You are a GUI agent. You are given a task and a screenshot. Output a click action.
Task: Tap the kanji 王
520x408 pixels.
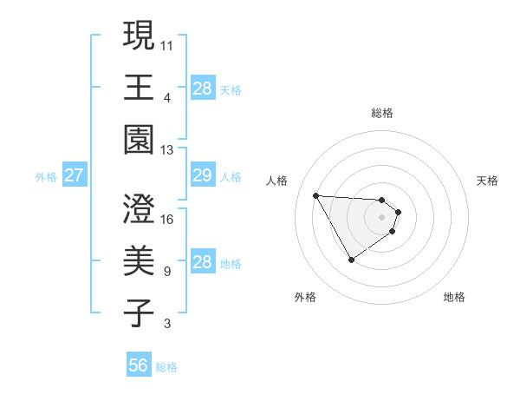[x=140, y=88]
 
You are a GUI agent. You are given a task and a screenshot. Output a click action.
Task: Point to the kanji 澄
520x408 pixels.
[x=140, y=210]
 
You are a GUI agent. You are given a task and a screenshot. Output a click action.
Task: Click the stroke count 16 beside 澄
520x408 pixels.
[x=167, y=219]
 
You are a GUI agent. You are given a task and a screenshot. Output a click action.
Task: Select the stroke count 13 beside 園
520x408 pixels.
[x=167, y=149]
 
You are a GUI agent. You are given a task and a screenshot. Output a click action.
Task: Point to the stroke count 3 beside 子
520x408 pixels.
[x=166, y=324]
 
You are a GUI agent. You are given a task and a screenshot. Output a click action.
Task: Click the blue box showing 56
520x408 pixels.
[x=139, y=365]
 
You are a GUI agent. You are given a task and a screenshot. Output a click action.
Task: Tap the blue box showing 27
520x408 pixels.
[x=74, y=175]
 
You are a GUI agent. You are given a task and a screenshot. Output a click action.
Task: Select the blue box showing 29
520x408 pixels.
[x=202, y=175]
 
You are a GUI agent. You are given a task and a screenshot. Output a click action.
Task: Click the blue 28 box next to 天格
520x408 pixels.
[x=202, y=88]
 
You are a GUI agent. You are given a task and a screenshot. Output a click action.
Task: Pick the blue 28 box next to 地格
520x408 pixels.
[x=202, y=262]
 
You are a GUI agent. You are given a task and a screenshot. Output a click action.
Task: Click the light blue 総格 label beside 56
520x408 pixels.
[x=166, y=367]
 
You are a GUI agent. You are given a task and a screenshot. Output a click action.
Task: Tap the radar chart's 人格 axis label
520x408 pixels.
[x=278, y=181]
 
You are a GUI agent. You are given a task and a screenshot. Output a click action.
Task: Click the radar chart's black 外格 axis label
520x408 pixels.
[x=304, y=297]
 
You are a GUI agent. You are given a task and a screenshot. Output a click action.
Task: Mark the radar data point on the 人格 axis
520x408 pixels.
[x=315, y=194]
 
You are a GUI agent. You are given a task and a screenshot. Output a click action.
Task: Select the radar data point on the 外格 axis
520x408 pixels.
[x=351, y=260]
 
